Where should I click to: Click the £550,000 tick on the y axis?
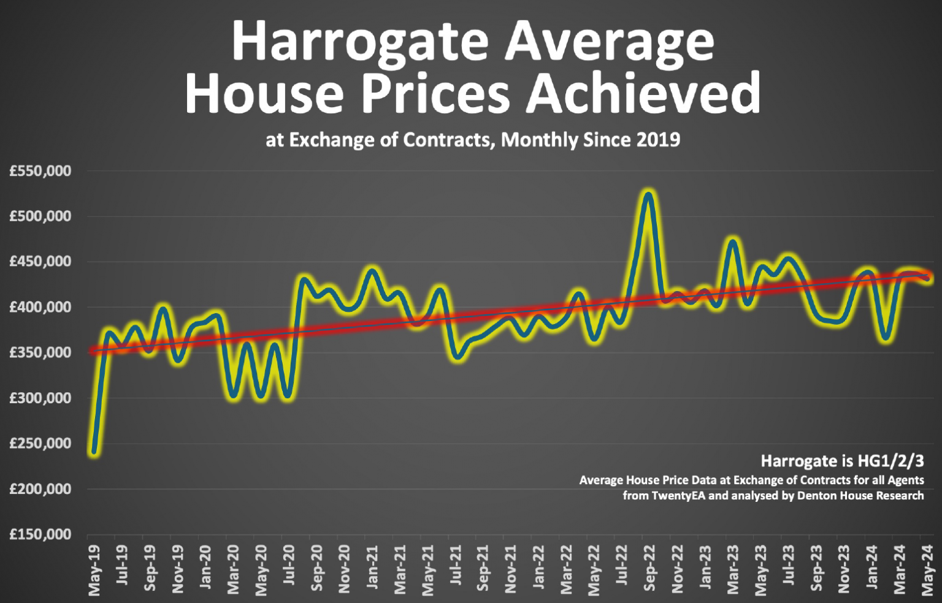click(x=40, y=171)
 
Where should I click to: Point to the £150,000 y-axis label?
click(x=40, y=534)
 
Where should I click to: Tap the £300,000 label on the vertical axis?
click(x=40, y=398)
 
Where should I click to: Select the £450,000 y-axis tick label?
click(x=40, y=262)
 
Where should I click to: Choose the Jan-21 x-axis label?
click(x=372, y=569)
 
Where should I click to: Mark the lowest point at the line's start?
click(x=94, y=452)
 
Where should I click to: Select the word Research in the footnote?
click(x=898, y=495)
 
